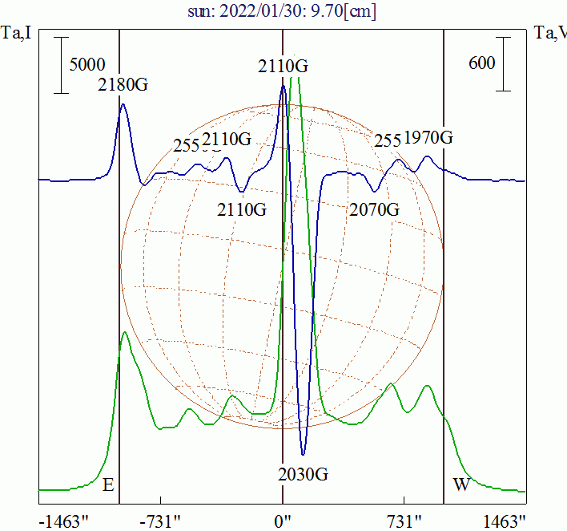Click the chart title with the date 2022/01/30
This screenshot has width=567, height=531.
(x=283, y=12)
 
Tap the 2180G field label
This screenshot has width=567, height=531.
(x=123, y=84)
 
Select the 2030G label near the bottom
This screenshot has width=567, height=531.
(x=303, y=473)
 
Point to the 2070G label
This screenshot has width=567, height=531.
(x=374, y=210)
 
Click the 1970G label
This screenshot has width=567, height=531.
(x=428, y=137)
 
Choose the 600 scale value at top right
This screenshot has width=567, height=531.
(x=481, y=63)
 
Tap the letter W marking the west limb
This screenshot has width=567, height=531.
(x=461, y=484)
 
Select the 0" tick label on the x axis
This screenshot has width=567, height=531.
(x=283, y=521)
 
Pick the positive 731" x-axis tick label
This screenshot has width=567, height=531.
(x=407, y=521)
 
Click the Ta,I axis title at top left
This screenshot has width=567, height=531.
(x=16, y=34)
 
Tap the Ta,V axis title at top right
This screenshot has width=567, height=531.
(x=551, y=34)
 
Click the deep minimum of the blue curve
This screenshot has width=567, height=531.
(x=303, y=454)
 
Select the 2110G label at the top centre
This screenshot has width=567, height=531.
(x=283, y=67)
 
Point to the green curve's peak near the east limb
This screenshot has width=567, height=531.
(x=124, y=332)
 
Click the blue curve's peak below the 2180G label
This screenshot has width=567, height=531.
(x=123, y=104)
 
